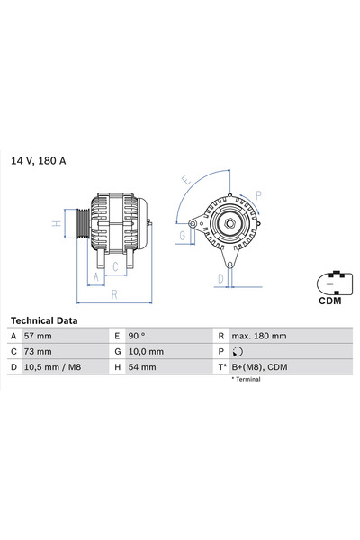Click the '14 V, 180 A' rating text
[39, 160]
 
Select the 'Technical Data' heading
[43, 320]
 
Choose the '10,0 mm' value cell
[147, 351]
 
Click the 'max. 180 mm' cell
[258, 336]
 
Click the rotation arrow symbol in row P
[238, 352]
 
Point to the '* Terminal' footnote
[247, 380]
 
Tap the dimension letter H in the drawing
[56, 223]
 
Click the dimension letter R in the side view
[113, 294]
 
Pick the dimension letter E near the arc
[185, 181]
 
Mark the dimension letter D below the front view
[220, 278]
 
